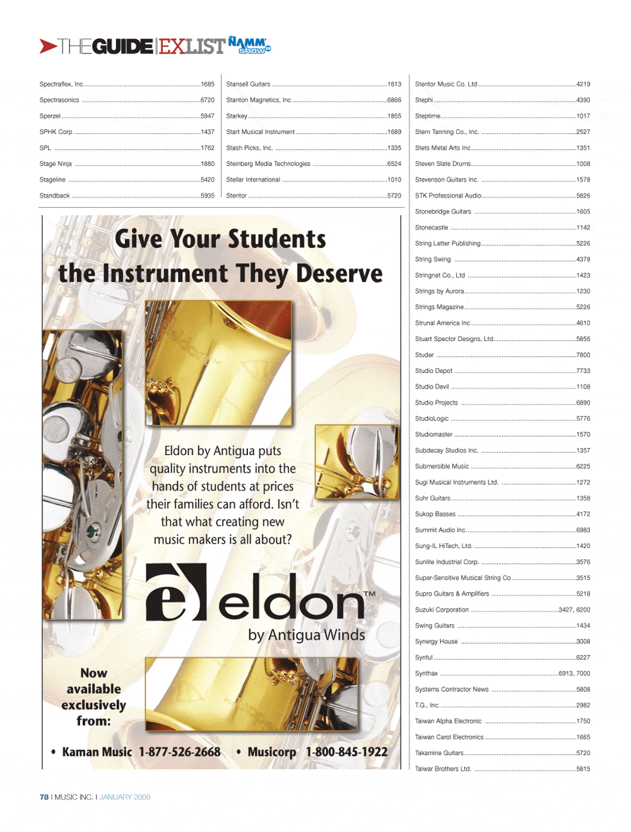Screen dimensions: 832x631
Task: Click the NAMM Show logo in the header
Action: (249, 45)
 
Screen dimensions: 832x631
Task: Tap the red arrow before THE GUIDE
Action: (48, 46)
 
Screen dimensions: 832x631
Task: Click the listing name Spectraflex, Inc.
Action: (61, 84)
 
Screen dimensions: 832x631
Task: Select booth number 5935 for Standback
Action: (208, 196)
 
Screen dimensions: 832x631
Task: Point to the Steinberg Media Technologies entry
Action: (268, 163)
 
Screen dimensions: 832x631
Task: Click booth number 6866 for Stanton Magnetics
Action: (394, 100)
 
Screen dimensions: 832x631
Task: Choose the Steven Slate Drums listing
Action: (443, 163)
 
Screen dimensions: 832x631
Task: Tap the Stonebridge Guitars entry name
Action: (443, 211)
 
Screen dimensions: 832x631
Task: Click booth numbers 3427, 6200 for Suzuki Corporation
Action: (574, 610)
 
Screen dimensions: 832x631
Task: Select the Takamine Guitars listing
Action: (439, 753)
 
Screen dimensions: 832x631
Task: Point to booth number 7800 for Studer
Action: (583, 355)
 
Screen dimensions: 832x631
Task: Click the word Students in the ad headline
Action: (277, 239)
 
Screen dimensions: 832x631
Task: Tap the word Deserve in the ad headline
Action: (339, 273)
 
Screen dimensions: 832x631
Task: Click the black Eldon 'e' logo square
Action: (176, 592)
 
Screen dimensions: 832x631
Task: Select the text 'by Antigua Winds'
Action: (307, 635)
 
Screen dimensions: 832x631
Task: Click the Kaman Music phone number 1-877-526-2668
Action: (180, 752)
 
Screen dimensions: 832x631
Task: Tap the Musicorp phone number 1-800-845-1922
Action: (346, 752)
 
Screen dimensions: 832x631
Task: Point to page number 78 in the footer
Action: (44, 797)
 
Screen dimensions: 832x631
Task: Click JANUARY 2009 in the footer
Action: (125, 797)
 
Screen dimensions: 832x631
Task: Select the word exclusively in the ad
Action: (94, 704)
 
